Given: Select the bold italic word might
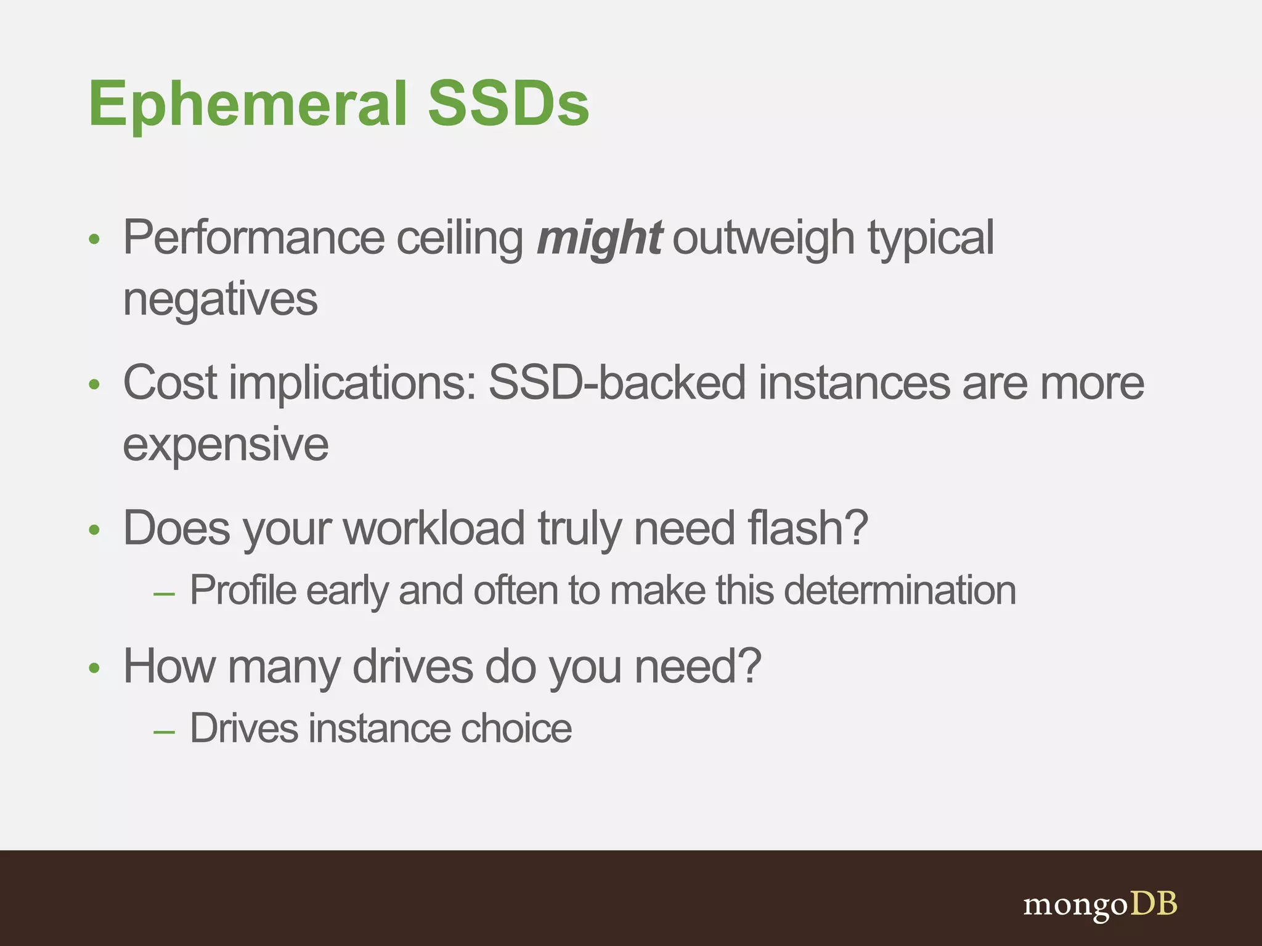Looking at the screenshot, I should [599, 238].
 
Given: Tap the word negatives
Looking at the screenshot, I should [220, 300].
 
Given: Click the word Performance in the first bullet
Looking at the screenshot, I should [254, 238].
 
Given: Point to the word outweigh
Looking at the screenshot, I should [763, 238].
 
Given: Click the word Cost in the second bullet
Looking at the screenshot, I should [170, 383].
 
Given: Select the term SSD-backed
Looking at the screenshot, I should [617, 383].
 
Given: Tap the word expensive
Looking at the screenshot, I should [226, 445].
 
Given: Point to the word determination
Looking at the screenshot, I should [900, 591].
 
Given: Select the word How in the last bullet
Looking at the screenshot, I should [169, 667].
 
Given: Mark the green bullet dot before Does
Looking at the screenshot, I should [94, 530].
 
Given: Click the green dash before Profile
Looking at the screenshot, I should [164, 594].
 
